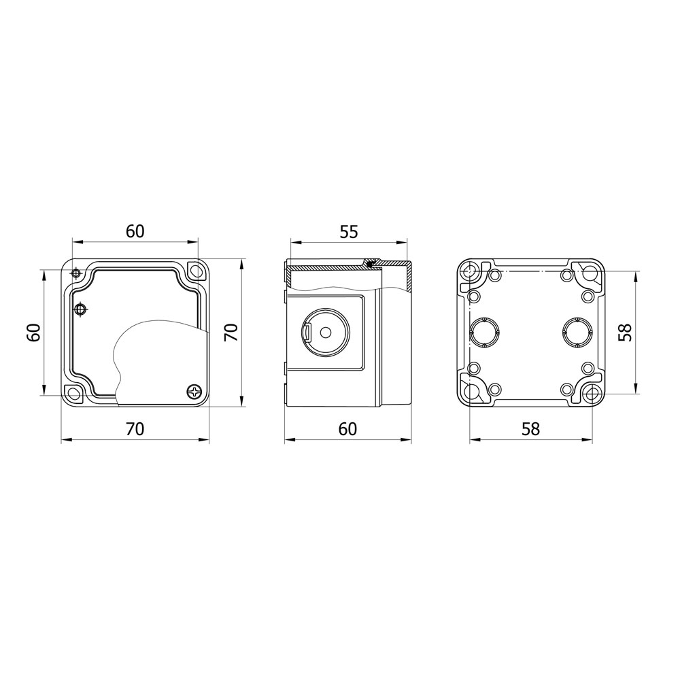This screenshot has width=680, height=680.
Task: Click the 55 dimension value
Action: (x=349, y=233)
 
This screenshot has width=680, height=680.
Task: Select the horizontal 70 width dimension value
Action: (x=135, y=429)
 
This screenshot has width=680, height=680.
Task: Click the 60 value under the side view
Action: (x=347, y=429)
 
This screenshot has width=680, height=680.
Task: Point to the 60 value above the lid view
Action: (x=135, y=232)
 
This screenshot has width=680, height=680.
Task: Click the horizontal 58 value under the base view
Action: (x=531, y=429)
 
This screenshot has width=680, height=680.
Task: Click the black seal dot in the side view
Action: (x=369, y=263)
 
